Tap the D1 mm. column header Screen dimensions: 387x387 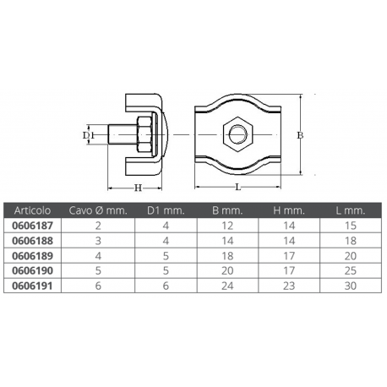point(167,210)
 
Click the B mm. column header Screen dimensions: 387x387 point(227,210)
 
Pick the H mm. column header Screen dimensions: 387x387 point(290,210)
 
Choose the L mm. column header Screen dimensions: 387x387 point(351,210)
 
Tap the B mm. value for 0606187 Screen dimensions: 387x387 point(227,226)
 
